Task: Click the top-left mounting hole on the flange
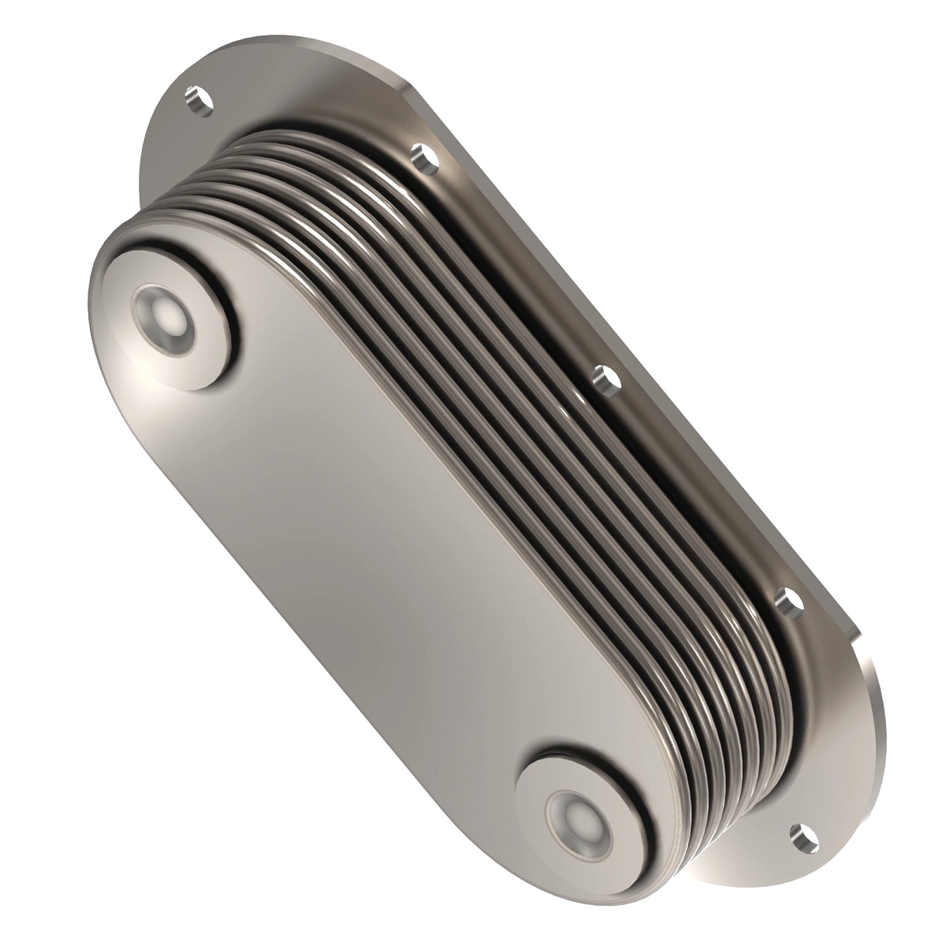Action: [x=199, y=100]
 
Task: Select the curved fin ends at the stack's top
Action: [x=260, y=166]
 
